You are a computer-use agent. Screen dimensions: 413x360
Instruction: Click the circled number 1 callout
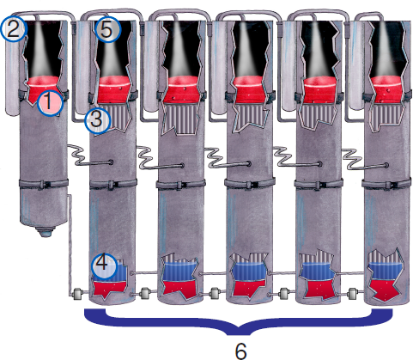[x=50, y=103]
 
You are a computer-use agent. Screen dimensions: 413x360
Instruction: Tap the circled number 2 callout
[x=14, y=29]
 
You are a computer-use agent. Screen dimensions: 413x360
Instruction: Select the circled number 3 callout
[x=97, y=121]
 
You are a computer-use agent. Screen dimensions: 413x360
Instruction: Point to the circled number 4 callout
[x=104, y=266]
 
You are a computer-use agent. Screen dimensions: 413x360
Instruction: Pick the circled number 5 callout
[x=107, y=29]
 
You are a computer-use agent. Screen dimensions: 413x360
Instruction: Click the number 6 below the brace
[x=240, y=350]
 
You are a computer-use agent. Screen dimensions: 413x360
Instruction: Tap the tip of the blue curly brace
[x=239, y=334]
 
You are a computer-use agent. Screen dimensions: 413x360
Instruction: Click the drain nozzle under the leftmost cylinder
[x=45, y=231]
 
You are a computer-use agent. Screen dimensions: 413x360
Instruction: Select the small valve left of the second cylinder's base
[x=77, y=294]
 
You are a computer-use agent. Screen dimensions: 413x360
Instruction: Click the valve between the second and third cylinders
[x=144, y=293]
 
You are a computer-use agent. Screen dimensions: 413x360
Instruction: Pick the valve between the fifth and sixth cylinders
[x=352, y=293]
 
